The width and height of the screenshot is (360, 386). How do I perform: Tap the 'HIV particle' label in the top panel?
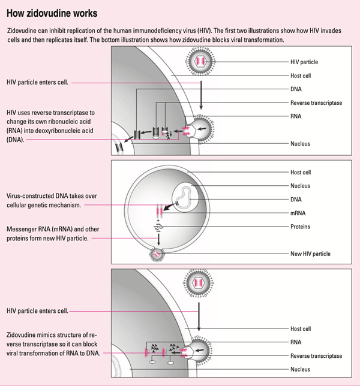pyautogui.click(x=304, y=62)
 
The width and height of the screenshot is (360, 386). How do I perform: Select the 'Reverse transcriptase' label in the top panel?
pyautogui.click(x=316, y=102)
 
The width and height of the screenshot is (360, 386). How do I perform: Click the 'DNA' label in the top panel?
pyautogui.click(x=296, y=89)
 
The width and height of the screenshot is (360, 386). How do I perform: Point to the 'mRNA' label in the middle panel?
pyautogui.click(x=298, y=213)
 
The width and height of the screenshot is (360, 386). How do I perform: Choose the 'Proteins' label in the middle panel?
pyautogui.click(x=301, y=227)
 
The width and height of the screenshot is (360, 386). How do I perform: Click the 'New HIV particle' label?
pyautogui.click(x=310, y=254)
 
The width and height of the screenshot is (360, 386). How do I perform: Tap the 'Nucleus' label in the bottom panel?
pyautogui.click(x=301, y=369)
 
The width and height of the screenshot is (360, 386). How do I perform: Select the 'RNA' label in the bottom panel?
pyautogui.click(x=296, y=342)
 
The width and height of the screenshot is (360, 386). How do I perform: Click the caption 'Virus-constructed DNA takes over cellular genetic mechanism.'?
pyautogui.click(x=52, y=200)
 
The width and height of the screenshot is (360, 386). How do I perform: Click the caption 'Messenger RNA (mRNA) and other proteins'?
pyautogui.click(x=47, y=234)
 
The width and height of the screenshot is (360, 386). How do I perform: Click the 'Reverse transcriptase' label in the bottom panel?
pyautogui.click(x=316, y=355)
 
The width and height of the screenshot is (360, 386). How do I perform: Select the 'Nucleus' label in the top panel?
pyautogui.click(x=301, y=144)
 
